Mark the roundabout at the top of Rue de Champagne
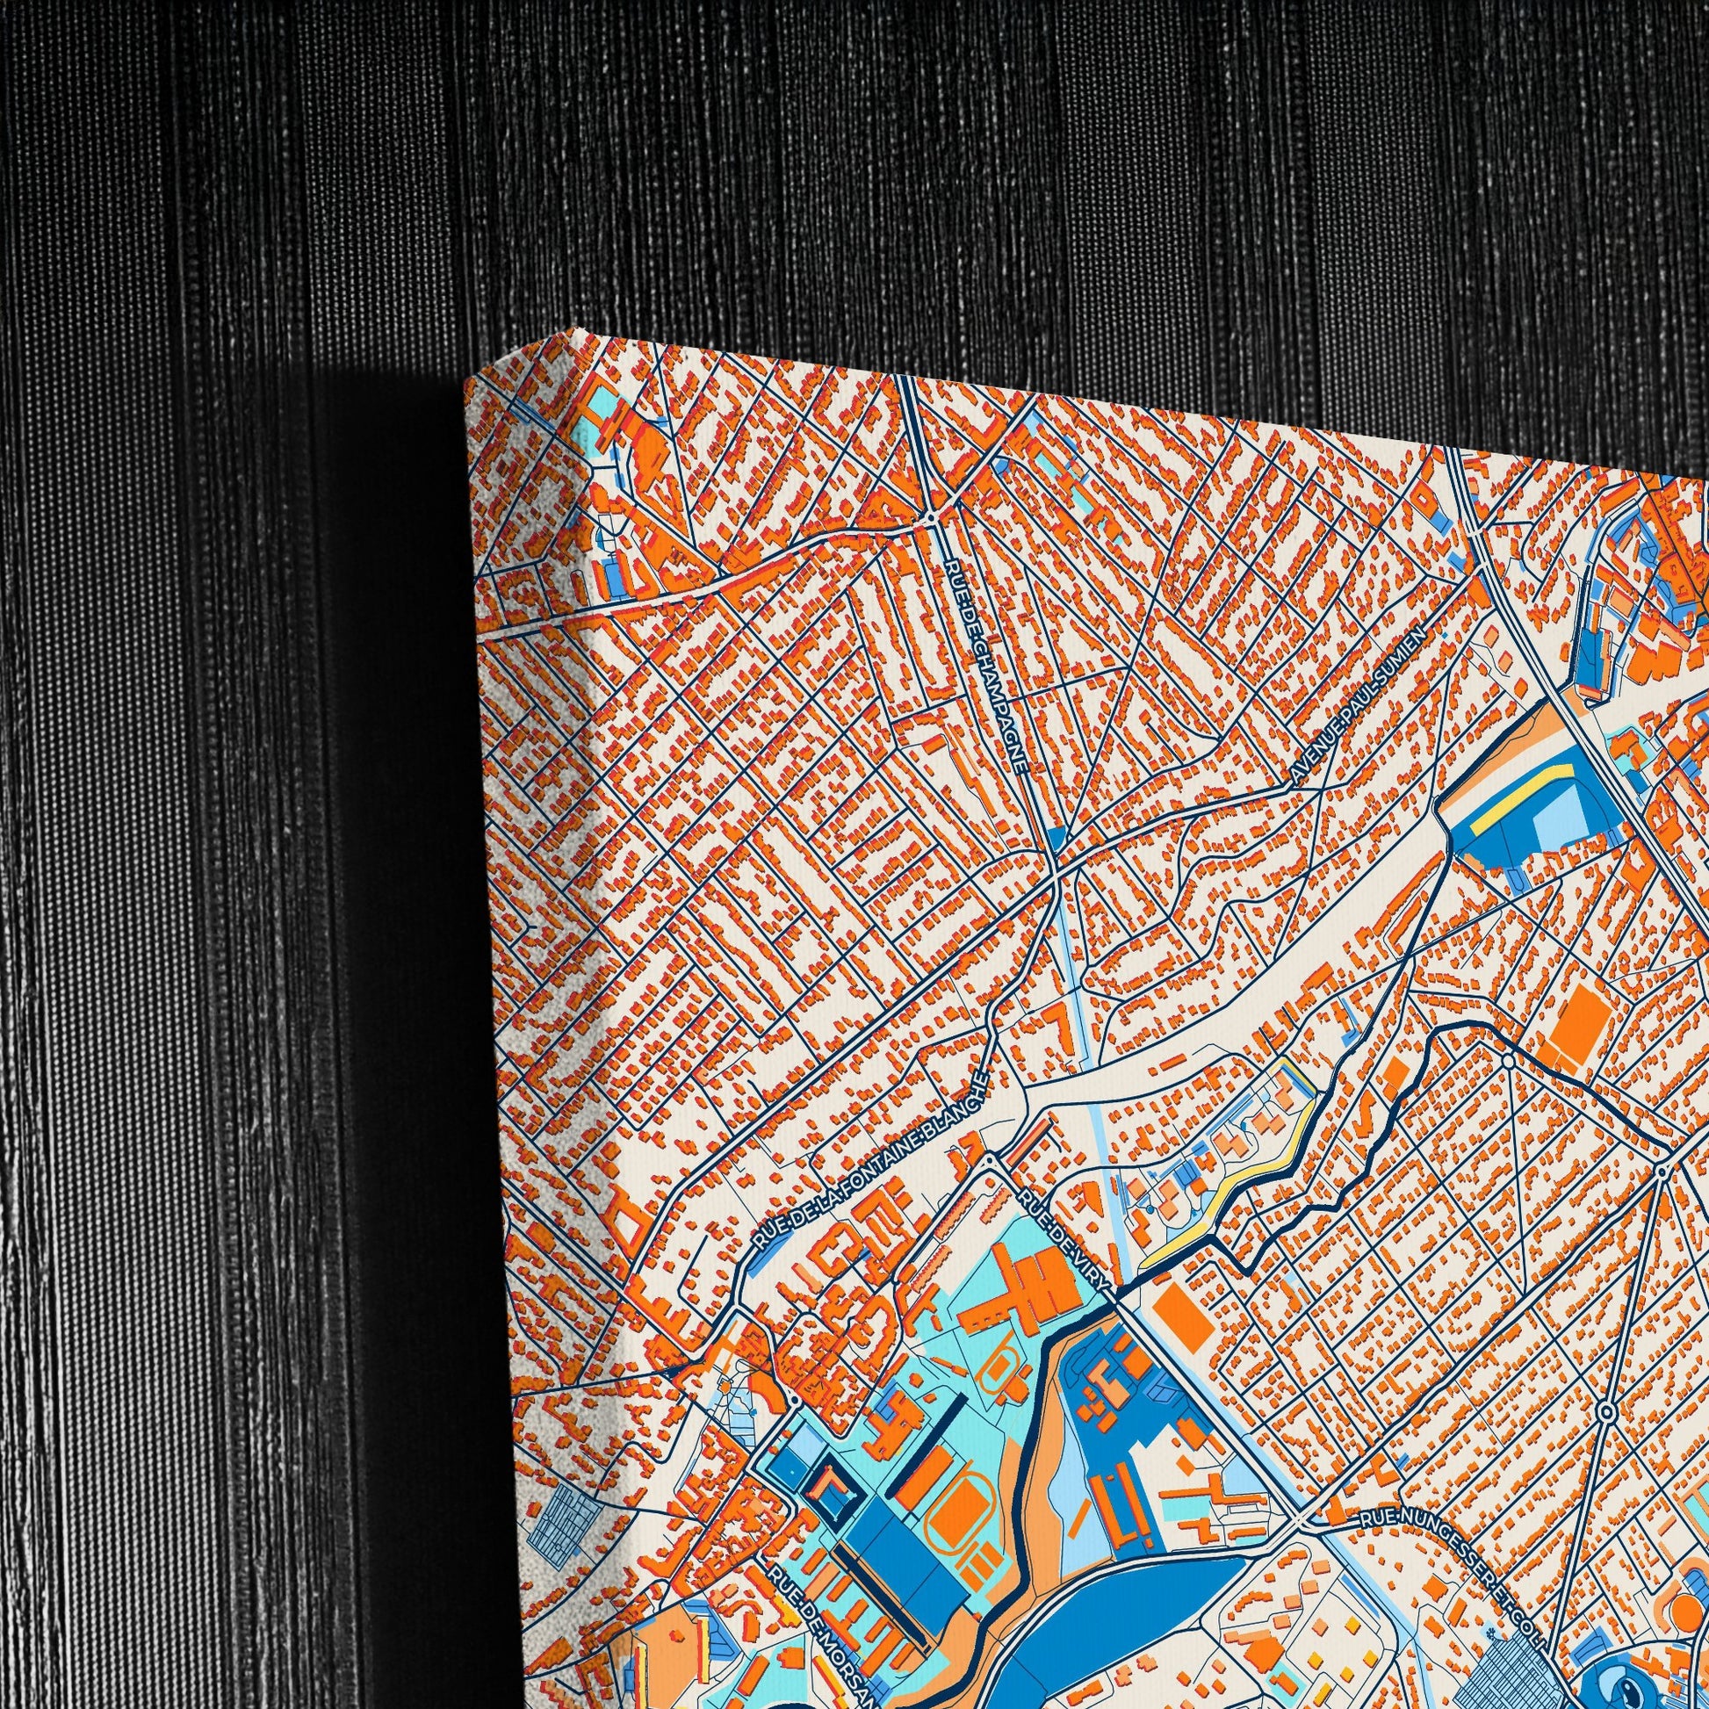pyautogui.click(x=934, y=515)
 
